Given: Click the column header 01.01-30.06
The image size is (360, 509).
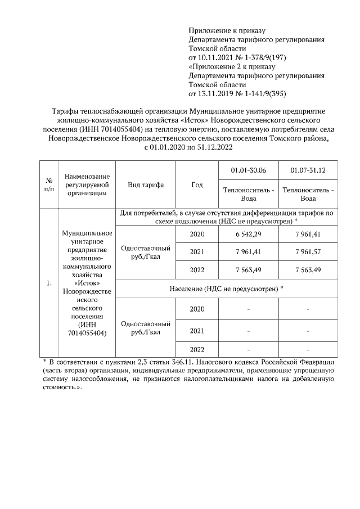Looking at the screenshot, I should (x=249, y=170).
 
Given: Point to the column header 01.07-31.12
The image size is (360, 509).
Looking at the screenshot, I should (x=308, y=170).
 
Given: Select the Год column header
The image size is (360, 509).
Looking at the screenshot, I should (x=197, y=184).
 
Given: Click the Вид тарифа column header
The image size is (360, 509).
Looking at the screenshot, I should (x=146, y=184).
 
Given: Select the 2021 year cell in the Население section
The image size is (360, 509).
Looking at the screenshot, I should (x=197, y=330).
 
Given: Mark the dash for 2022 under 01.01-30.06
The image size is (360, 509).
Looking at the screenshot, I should (x=249, y=349).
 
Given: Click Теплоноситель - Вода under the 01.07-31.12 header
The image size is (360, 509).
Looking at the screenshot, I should (x=308, y=194).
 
